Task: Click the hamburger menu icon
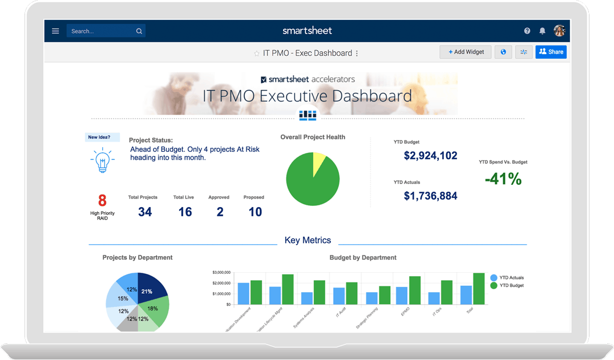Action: point(55,31)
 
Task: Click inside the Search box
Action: point(103,31)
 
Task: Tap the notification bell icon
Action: point(542,31)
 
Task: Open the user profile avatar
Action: point(559,31)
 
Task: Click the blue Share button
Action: point(551,52)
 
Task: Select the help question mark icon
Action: point(527,31)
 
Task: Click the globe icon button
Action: point(503,52)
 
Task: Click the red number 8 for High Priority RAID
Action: point(102,200)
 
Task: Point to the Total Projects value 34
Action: point(145,212)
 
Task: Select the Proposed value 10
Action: point(255,212)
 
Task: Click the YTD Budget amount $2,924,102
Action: point(430,155)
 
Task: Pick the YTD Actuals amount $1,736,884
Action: point(430,196)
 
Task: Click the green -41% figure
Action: point(503,179)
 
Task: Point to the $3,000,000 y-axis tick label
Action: point(221,272)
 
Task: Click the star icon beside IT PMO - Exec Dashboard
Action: point(257,53)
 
